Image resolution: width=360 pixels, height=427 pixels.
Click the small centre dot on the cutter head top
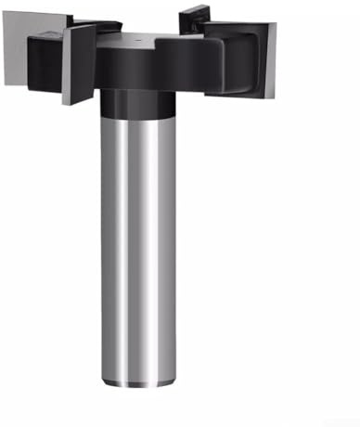click(138, 43)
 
